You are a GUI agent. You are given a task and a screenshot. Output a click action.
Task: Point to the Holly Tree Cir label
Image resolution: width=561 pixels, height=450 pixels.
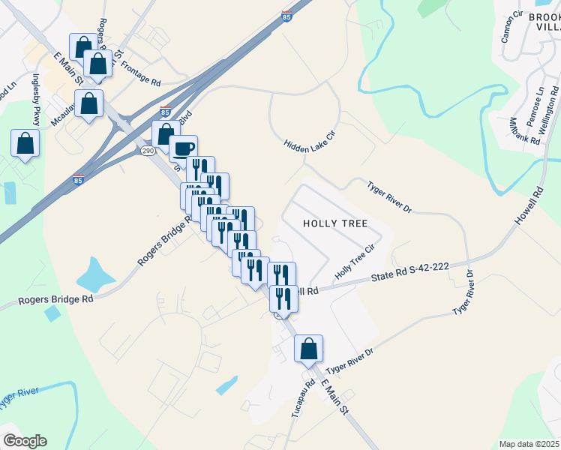(355, 263)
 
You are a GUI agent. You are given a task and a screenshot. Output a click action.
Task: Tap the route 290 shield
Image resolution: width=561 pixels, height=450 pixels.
(148, 151)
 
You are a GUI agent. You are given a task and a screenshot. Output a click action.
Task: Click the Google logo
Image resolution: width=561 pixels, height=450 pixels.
(25, 441)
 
